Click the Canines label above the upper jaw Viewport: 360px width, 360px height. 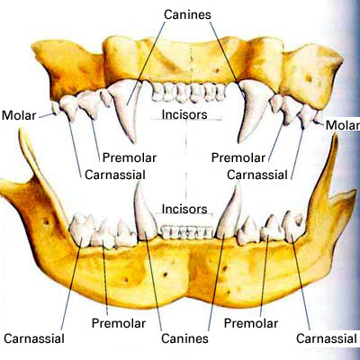coord(187,14)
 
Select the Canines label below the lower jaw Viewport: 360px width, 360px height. coord(184,338)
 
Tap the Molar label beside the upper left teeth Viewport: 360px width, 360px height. coord(19,115)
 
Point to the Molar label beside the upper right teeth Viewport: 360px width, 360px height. coord(343,125)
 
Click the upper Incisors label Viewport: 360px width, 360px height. coord(184,114)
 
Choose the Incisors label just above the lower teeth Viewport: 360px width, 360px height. coord(184,209)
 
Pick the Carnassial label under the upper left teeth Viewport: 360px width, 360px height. coord(115,175)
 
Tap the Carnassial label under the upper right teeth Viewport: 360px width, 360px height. coord(257,175)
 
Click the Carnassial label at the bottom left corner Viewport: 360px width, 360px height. coord(34,338)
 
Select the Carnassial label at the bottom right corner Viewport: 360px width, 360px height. coord(327,338)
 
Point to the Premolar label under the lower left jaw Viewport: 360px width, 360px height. coord(119,323)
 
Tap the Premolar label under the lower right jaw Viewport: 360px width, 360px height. coord(251,323)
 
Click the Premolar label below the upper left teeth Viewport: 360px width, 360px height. coord(130,157)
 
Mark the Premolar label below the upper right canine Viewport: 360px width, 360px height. coord(238,157)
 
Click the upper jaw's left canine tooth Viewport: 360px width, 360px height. coord(128,108)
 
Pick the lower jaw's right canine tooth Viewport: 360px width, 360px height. coord(229,214)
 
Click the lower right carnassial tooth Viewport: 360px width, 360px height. coord(293,227)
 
